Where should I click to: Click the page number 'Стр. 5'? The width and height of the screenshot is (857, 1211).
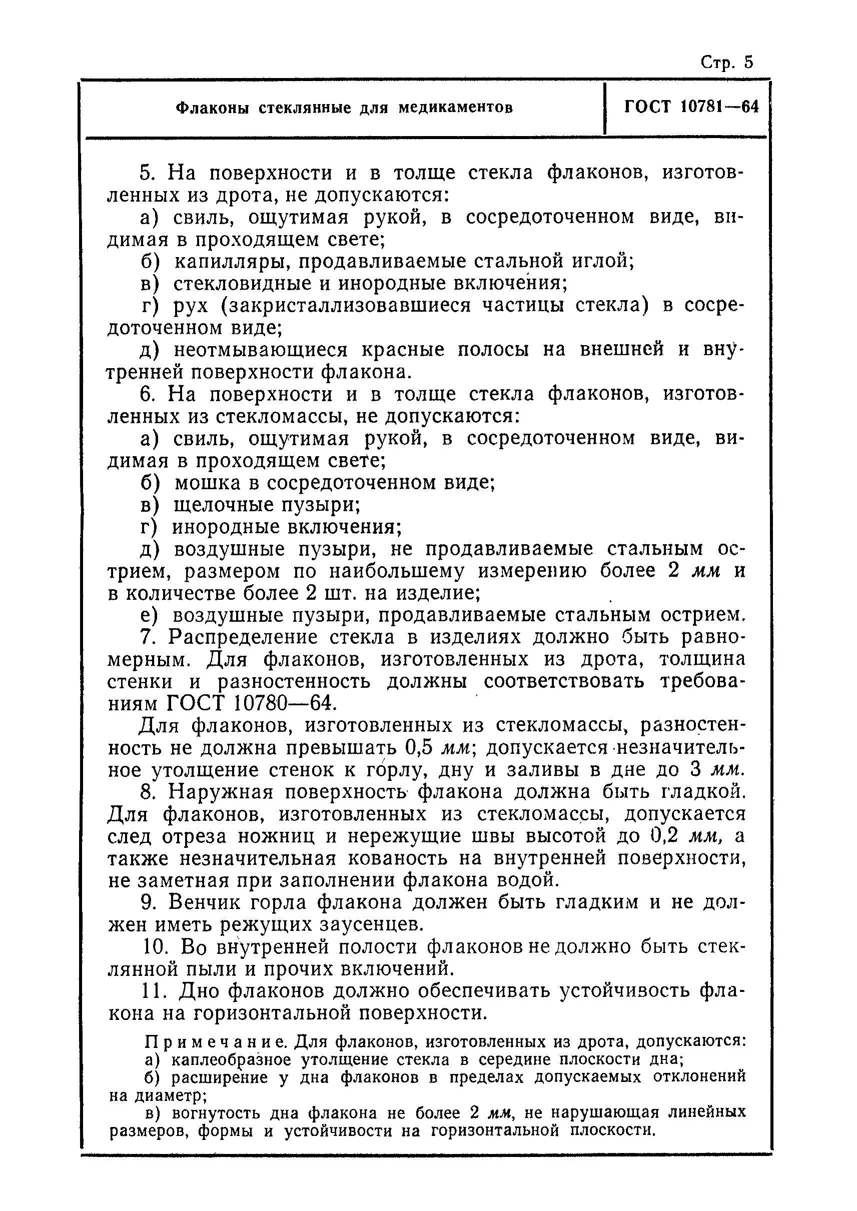pyautogui.click(x=726, y=63)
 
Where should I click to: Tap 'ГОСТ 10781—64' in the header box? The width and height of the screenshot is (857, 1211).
pyautogui.click(x=691, y=107)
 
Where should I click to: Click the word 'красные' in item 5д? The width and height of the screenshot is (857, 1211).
pyautogui.click(x=403, y=350)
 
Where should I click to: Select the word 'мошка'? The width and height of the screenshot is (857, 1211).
pyautogui.click(x=200, y=483)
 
